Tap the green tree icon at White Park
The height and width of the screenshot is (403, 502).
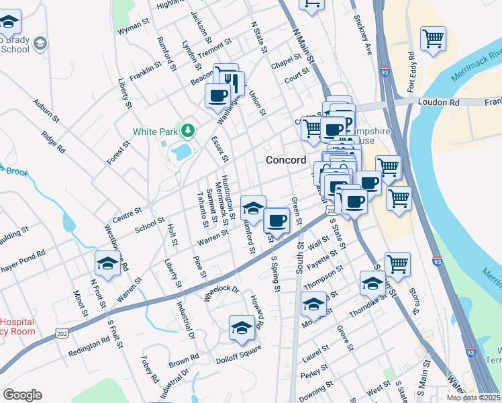point(189,130)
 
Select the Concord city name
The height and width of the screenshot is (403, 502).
point(286,160)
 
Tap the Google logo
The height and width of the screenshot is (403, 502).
point(22,395)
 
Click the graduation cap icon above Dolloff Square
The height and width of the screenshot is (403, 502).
point(242,328)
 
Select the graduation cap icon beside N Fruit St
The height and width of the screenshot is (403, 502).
point(107,263)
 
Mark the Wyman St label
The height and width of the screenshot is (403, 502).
point(133,27)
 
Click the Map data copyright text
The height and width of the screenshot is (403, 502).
point(473,397)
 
